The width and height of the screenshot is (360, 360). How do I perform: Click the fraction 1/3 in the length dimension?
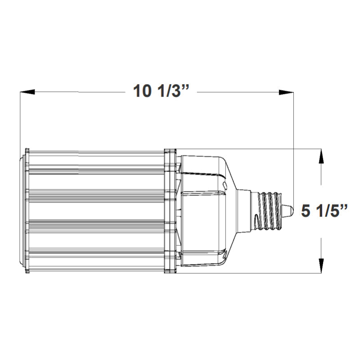coord(168,92)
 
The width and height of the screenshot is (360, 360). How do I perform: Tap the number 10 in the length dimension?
coord(142,92)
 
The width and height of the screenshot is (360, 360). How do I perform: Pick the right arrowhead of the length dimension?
coord(286,92)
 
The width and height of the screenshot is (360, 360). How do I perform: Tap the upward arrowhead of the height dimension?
coord(320,156)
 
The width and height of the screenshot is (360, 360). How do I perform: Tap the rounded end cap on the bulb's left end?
coord(22,210)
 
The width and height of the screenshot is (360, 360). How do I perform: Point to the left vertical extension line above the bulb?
coord(20,121)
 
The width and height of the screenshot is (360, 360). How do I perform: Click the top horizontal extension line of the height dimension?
coord(270,148)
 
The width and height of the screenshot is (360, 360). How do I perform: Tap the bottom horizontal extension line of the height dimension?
coord(270,273)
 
